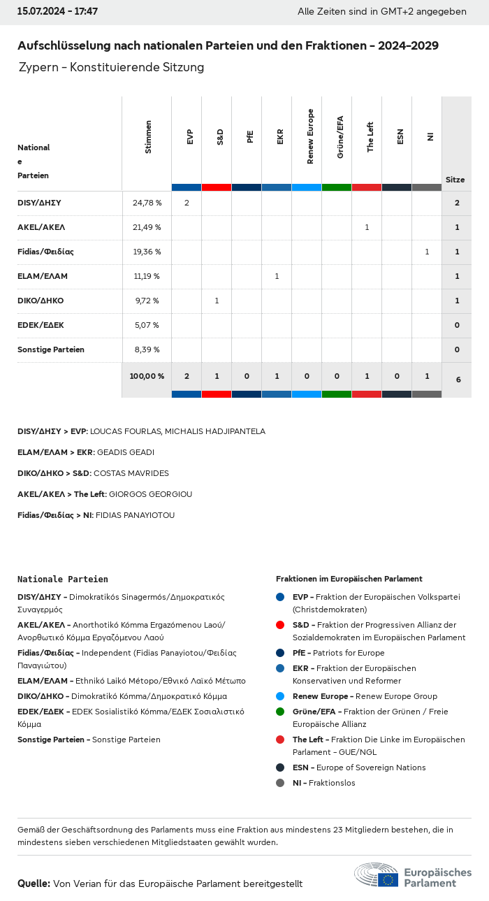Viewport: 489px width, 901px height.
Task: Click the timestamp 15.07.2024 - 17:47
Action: pos(57,11)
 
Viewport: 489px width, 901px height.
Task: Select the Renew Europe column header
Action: pos(310,136)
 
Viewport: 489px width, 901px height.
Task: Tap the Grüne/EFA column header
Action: pos(340,137)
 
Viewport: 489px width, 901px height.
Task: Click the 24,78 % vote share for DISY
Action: pos(147,203)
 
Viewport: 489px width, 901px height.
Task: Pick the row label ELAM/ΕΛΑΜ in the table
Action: pos(43,276)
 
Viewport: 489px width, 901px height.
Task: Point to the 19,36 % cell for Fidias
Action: pos(147,252)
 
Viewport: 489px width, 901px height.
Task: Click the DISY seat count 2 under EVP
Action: pos(187,203)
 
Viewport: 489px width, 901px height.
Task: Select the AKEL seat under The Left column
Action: pos(367,227)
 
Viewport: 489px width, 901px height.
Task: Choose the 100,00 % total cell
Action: pos(147,376)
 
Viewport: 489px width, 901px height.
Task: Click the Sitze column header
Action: pos(455,180)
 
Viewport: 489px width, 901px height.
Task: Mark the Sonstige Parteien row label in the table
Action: pos(51,349)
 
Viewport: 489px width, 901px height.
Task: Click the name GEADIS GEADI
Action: pos(126,452)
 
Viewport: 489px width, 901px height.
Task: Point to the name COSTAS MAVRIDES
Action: pos(131,473)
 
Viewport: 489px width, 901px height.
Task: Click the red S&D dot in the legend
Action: pos(280,625)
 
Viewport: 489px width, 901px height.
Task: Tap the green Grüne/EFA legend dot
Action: pos(280,712)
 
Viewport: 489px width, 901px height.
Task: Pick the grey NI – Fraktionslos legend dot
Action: pos(280,783)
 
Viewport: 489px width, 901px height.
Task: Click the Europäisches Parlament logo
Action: pos(412,876)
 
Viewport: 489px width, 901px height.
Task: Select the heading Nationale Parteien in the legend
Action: pos(63,579)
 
